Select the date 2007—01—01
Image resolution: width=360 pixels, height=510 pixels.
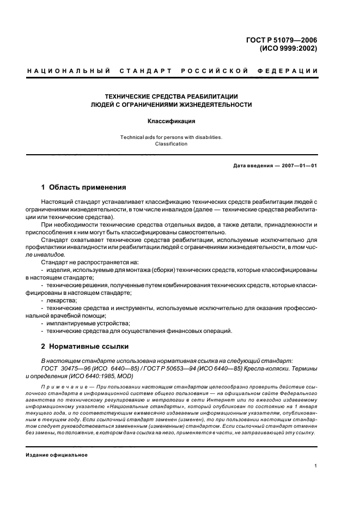[x=297, y=166]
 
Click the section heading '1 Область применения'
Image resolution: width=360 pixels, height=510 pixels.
[x=84, y=187]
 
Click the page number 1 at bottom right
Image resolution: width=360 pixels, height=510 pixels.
[x=316, y=466]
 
